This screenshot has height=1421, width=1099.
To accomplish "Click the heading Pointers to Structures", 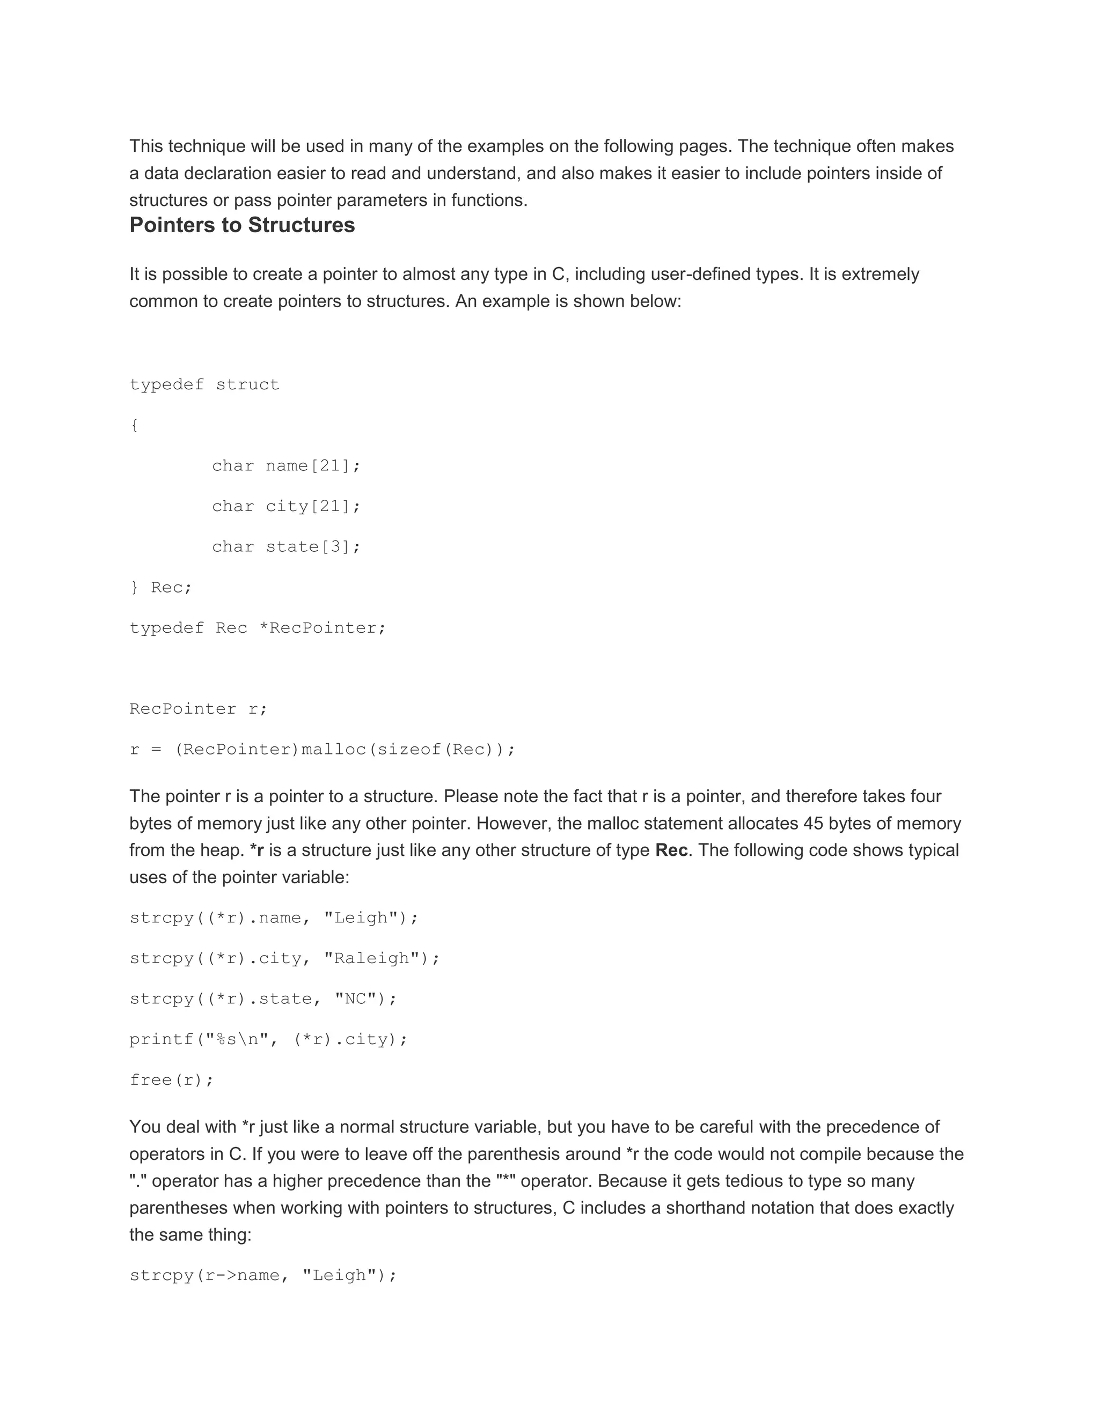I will coord(242,225).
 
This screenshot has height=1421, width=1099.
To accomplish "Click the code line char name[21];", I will coord(286,466).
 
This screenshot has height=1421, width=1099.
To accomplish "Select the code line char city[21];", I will coord(286,506).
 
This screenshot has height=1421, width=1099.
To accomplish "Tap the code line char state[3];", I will coord(286,546).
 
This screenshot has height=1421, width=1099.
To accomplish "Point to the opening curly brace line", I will coord(134,426).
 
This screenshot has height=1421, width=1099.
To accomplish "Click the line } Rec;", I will coord(161,588).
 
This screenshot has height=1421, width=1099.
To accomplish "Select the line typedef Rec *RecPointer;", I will coord(258,628).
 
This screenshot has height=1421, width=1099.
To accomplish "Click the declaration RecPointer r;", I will coord(199,708).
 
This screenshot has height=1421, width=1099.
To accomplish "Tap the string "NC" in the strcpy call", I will coord(355,999).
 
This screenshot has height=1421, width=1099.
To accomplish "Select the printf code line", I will coord(268,1040).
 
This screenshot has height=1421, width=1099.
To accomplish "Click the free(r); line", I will coord(172,1080).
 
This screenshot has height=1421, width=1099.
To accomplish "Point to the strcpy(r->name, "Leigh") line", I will coord(263,1275).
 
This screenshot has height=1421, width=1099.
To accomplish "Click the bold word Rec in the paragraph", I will coord(671,850).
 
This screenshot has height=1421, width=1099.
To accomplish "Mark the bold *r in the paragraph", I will coord(257,850).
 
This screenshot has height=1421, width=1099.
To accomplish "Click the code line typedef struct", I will coord(204,384).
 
